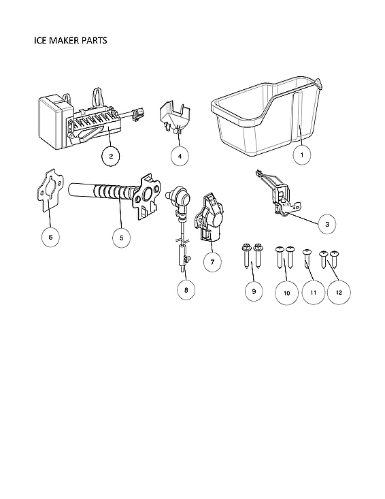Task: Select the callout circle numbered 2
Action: (x=110, y=156)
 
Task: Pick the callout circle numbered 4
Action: (x=180, y=156)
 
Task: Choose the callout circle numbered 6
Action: (x=49, y=237)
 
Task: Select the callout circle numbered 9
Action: (x=253, y=291)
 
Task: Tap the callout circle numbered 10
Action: (x=286, y=292)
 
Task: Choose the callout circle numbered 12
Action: (x=339, y=291)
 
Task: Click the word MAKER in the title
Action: (x=69, y=40)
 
